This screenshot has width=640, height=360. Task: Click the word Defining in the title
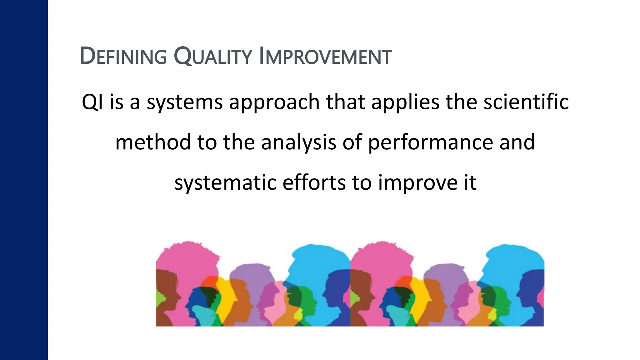[x=123, y=56]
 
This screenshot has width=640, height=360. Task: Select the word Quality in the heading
[x=212, y=56]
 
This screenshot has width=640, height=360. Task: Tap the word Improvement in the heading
[x=325, y=56]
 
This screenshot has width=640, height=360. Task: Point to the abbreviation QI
[x=92, y=102]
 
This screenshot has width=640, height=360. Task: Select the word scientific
[x=526, y=102]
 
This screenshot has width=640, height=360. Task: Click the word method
[x=153, y=142]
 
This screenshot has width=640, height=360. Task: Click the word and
[x=517, y=142]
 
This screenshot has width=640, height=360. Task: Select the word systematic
[x=225, y=183]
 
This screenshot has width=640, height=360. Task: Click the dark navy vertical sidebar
[x=24, y=180]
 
